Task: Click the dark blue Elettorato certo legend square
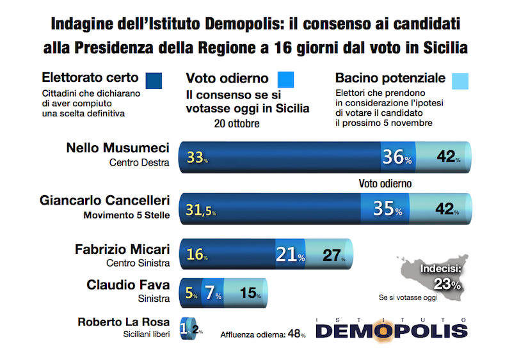coord(154,81)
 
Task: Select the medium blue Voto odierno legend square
coord(285,79)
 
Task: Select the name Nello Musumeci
coord(118,148)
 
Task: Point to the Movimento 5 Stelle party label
coord(127,215)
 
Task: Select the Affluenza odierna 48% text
coord(263,334)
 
